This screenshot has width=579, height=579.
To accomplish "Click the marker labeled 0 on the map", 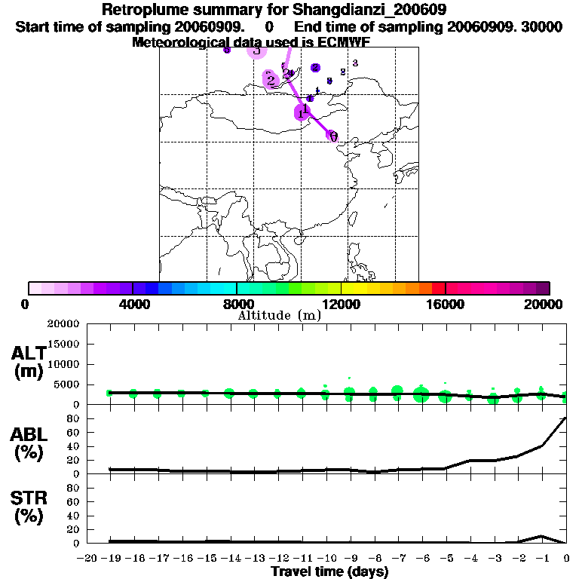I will point(332,136).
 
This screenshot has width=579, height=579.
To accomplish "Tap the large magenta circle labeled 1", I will point(302,112).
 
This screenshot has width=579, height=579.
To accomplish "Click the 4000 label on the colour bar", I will point(133,304).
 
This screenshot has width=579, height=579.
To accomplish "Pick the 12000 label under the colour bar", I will point(342,304).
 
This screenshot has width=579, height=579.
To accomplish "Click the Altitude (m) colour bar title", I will point(279,315).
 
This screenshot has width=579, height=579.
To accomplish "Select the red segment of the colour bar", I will point(438,288).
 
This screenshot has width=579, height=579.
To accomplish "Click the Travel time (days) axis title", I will point(329,572).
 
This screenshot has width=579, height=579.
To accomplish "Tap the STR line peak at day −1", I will point(541,536).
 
